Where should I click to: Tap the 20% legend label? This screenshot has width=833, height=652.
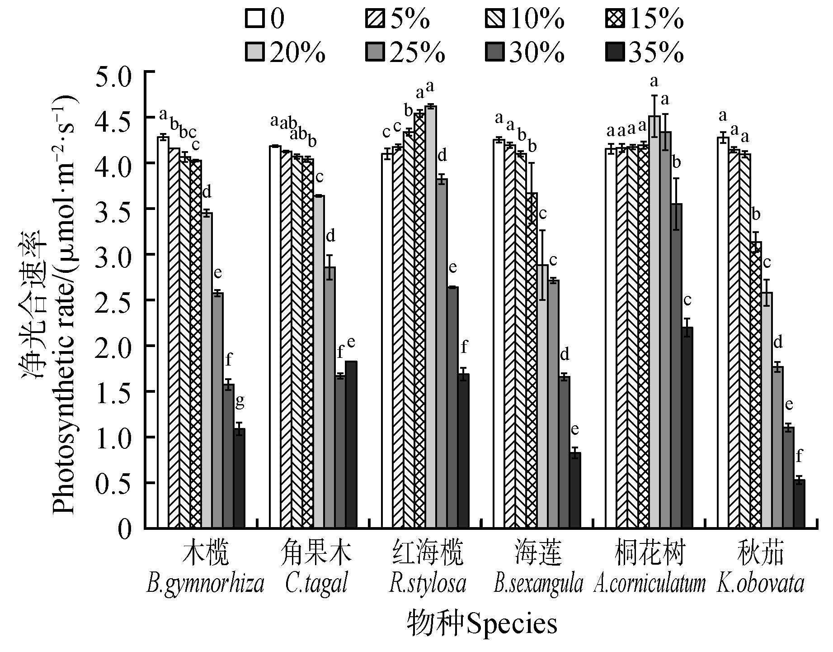tap(297, 53)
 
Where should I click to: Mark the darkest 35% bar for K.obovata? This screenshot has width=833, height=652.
tap(799, 504)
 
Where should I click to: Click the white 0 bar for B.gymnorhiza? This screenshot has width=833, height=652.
tap(163, 333)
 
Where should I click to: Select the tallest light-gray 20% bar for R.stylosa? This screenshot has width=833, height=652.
tap(430, 317)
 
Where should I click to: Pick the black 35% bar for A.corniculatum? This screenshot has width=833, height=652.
tap(687, 428)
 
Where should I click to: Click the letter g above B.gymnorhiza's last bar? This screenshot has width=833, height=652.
tap(240, 401)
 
